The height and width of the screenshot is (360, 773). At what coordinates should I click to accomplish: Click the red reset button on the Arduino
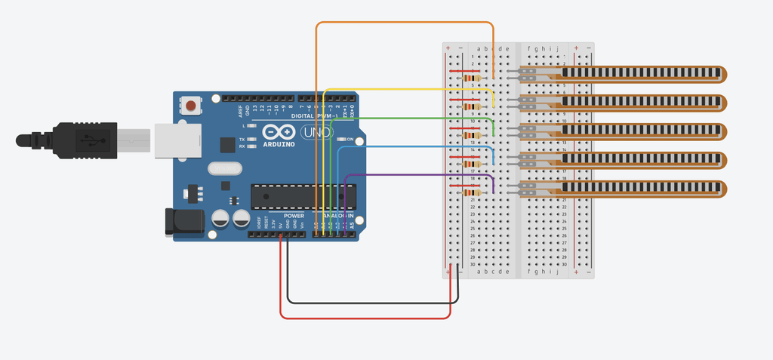192,106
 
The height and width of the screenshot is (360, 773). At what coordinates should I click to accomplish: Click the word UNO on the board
313,133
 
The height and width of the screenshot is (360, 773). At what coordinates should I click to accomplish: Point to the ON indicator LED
341,140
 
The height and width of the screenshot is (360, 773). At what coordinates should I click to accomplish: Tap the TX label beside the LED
242,140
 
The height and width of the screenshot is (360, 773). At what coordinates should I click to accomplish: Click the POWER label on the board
294,216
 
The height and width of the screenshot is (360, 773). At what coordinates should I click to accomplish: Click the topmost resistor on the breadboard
472,78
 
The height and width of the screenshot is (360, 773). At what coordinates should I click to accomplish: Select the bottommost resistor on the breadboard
472,192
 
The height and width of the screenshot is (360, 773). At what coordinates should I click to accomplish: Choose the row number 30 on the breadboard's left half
473,264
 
